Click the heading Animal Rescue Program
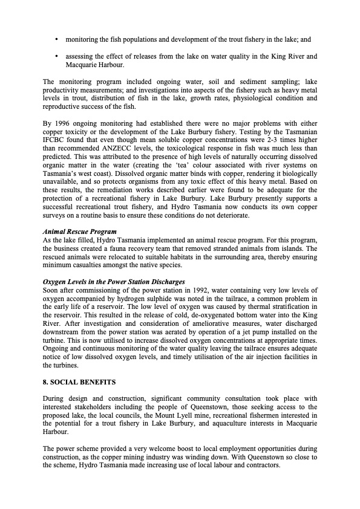tap(79, 232)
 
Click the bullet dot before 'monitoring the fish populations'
tap(56, 40)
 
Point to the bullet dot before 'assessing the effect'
tap(56, 57)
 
